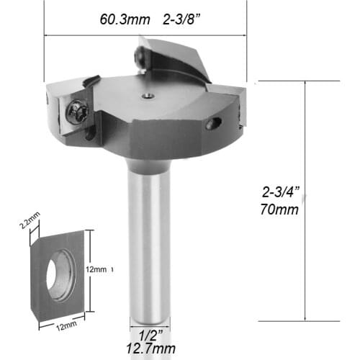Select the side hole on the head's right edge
point(213,125)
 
